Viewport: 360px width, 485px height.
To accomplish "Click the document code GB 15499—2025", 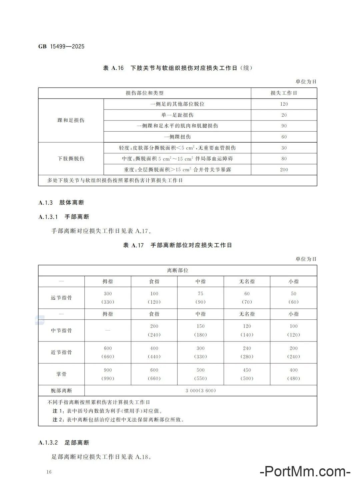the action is [62, 47].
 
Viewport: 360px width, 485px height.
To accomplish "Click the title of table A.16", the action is [178, 68].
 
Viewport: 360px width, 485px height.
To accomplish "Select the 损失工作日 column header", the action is [284, 93].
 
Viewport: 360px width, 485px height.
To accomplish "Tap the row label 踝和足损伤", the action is [71, 120].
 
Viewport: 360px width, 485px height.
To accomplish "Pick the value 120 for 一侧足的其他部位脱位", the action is [284, 104].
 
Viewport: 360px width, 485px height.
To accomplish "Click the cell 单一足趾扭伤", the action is [177, 115].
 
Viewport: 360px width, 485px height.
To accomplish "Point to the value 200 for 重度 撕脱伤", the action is [284, 170].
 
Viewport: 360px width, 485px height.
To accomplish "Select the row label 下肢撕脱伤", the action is [71, 159].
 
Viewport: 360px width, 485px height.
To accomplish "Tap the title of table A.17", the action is [178, 245].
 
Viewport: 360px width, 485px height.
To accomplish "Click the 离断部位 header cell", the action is [178, 270].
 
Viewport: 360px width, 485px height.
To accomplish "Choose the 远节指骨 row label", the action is [61, 298].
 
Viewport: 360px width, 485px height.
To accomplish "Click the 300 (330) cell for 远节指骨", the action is [108, 298].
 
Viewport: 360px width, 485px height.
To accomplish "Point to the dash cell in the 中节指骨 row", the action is [108, 330].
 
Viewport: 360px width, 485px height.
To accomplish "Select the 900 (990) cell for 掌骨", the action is [108, 374].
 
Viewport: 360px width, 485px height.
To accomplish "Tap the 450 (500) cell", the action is [247, 374].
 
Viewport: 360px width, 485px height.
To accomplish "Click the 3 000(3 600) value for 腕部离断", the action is [201, 391].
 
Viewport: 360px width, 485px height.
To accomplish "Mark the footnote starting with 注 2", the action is [118, 420].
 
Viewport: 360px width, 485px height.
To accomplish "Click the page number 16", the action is [49, 472].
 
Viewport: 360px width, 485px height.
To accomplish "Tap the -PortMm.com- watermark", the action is [305, 472].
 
